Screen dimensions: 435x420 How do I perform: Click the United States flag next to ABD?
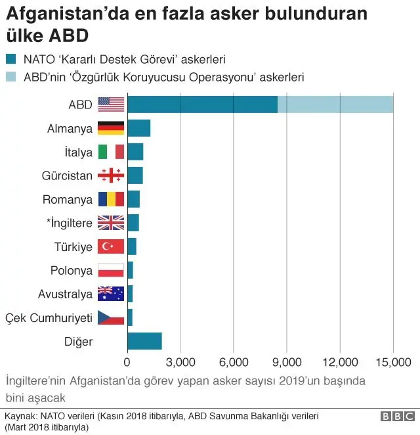(x=111, y=104)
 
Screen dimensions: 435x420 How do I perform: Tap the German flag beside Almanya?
(x=111, y=128)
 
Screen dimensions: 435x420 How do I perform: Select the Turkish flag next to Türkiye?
(x=111, y=246)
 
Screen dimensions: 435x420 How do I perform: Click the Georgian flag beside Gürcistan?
(x=111, y=175)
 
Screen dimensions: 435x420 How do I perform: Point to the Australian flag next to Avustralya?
(x=111, y=294)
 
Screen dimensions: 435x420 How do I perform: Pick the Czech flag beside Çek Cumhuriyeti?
(x=111, y=317)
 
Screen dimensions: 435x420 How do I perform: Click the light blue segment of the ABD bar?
(x=335, y=104)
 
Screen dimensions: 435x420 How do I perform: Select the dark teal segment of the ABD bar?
(x=202, y=104)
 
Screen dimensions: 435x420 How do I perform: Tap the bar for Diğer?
(x=144, y=341)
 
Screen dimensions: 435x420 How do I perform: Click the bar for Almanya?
(x=138, y=128)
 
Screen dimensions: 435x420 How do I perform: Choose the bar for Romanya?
(x=133, y=199)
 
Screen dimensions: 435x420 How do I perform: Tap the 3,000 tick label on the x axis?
(x=180, y=362)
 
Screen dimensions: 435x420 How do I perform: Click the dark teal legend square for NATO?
(x=11, y=59)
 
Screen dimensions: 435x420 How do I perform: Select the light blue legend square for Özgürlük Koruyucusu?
(x=11, y=77)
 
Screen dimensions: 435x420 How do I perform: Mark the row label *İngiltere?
(x=69, y=223)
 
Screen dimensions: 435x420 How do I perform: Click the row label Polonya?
(x=72, y=270)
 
